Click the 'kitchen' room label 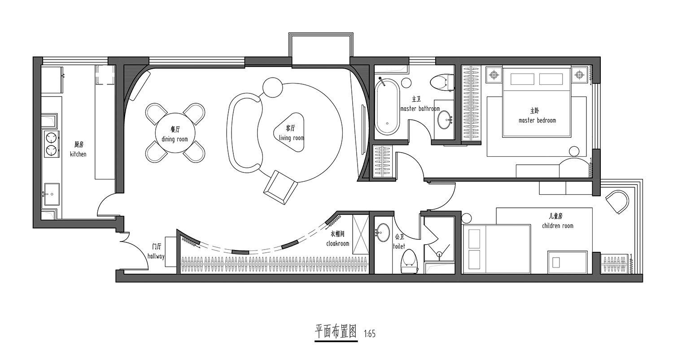coord(78,154)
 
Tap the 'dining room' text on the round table coord(175,139)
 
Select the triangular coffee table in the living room coord(289,132)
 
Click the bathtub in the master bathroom coord(387,107)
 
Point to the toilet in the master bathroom coord(441,82)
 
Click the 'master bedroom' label coord(537,120)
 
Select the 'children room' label coord(558,226)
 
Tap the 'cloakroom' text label coord(338,243)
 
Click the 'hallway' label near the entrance coord(156,256)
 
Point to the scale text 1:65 coord(370,334)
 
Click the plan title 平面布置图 coord(336,332)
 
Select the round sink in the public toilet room coord(383,232)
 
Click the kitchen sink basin coord(52,194)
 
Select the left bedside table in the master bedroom coord(494,75)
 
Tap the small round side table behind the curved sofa coord(272,88)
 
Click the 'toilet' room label coord(399,246)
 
